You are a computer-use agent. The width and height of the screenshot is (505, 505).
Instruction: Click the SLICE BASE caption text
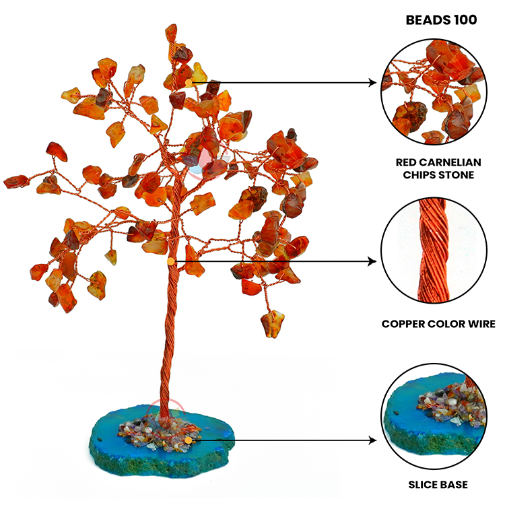click(438, 484)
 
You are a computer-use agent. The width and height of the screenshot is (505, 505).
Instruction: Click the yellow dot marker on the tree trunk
click(170, 261)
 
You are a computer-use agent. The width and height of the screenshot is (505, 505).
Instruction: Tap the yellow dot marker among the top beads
click(189, 83)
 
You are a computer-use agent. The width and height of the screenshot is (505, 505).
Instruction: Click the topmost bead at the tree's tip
click(172, 32)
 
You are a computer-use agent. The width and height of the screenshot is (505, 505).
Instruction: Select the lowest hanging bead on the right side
click(273, 323)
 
